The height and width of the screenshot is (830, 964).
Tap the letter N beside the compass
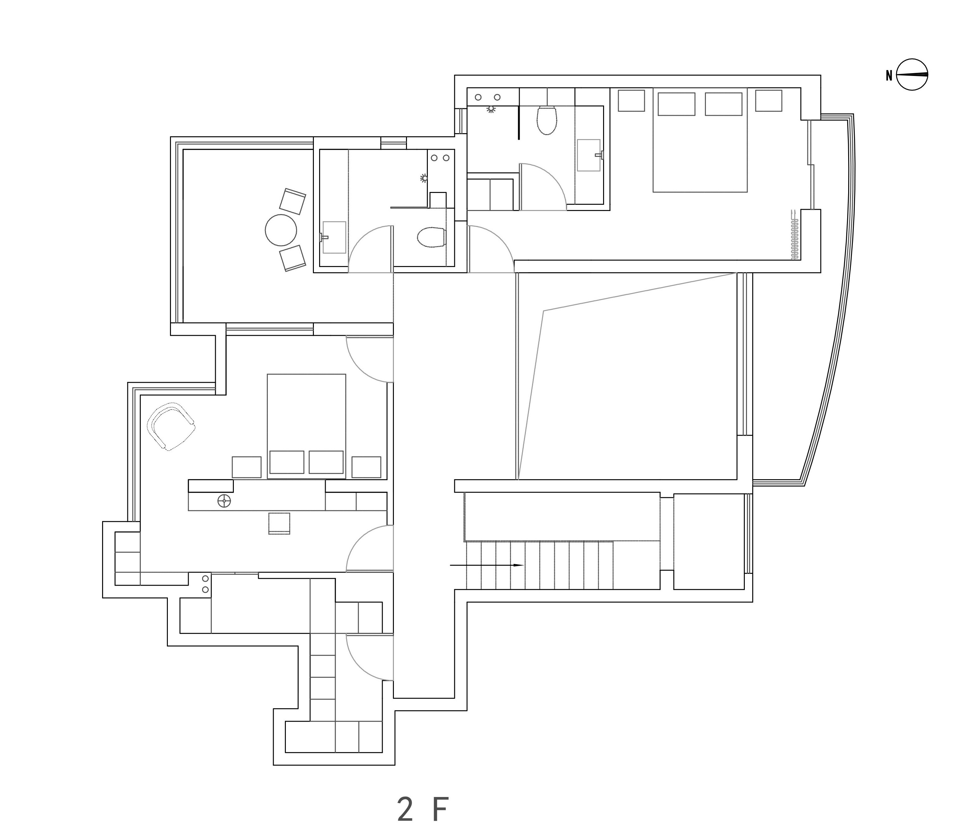889,75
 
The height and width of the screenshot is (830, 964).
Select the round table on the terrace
281,230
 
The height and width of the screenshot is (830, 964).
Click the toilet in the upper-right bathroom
547,120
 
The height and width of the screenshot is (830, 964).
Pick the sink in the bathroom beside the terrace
333,237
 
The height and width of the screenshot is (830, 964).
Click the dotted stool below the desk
279,523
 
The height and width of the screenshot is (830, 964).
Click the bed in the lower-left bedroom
306,426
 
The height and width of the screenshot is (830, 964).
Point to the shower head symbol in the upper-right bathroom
491,109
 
